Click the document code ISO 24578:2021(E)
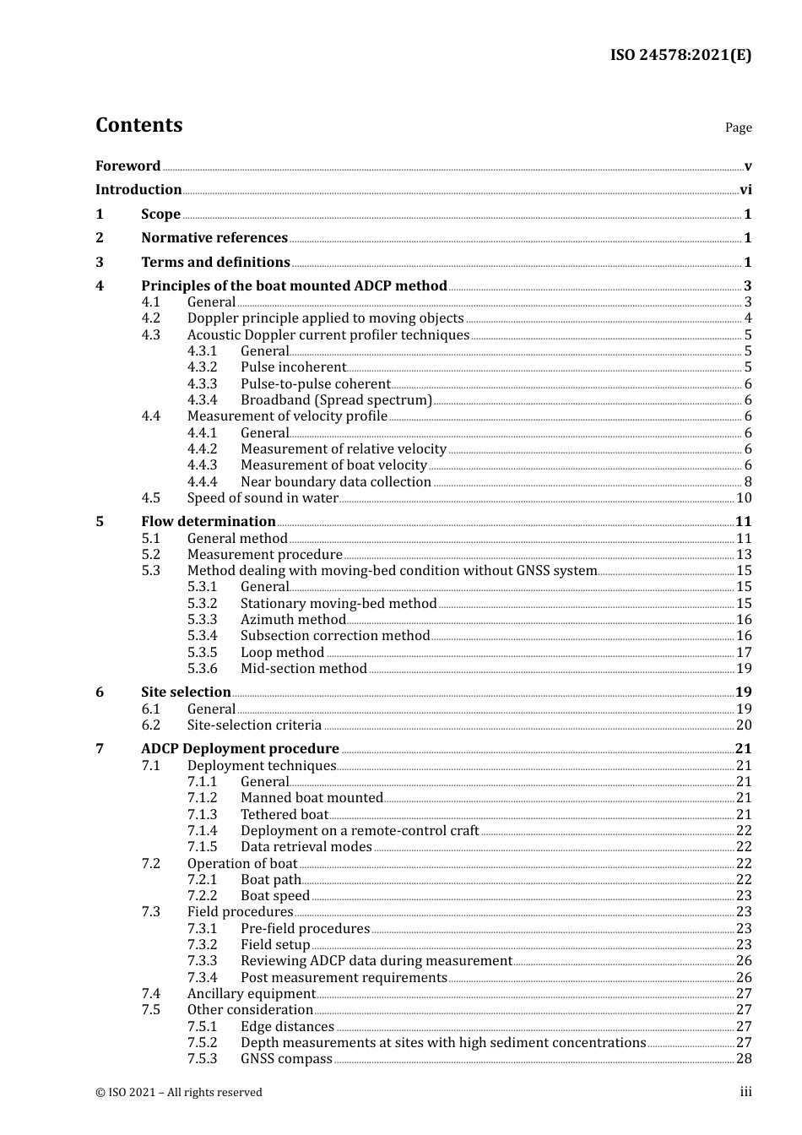680,55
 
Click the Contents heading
138,125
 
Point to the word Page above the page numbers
738,128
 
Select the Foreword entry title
127,166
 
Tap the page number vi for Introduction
745,190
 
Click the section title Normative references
214,238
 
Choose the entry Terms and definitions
215,263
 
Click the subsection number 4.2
150,318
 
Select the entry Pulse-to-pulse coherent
315,384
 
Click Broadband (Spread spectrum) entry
336,400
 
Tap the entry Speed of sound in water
263,498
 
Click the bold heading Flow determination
209,522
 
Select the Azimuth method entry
293,620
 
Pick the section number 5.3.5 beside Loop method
202,653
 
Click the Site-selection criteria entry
254,725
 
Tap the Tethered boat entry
284,815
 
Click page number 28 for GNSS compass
744,1059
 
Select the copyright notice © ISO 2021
179,1093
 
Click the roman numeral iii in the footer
745,1092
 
